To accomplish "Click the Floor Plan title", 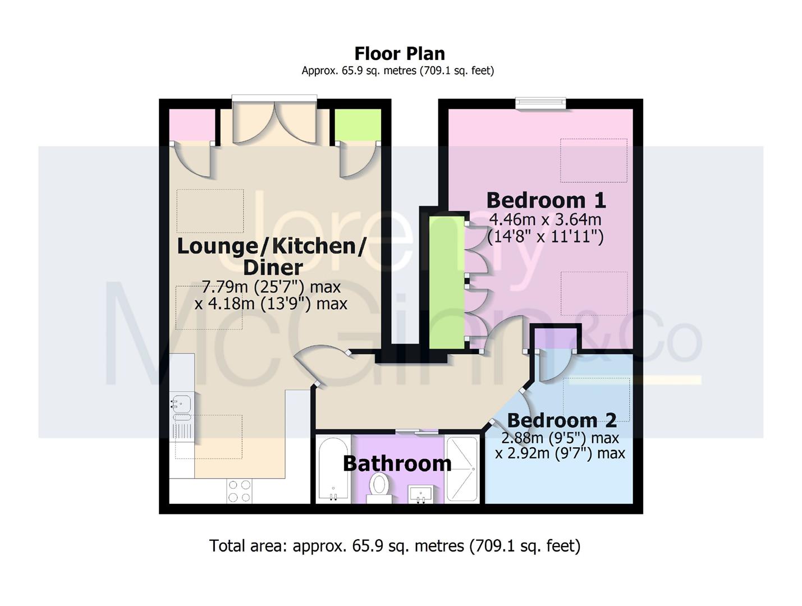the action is [x=400, y=54].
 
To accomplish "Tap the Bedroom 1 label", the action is [x=546, y=200].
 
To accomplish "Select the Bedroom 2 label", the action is [x=562, y=420].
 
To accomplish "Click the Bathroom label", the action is [x=397, y=464].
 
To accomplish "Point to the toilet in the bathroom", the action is [x=379, y=488].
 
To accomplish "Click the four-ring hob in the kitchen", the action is [x=239, y=491].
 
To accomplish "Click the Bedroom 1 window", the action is [x=540, y=103].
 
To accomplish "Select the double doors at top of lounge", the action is [x=274, y=122].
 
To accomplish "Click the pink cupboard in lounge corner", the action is [x=192, y=125].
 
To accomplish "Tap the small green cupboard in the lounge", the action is [x=358, y=125].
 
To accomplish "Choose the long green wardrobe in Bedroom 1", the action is [x=447, y=282].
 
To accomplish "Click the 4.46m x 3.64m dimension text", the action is [x=545, y=220].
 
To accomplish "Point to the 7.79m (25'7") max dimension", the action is [x=271, y=287].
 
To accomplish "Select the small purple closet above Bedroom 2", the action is [x=556, y=338].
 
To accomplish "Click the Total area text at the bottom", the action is [x=395, y=546].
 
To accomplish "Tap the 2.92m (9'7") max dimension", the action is [x=560, y=453].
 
